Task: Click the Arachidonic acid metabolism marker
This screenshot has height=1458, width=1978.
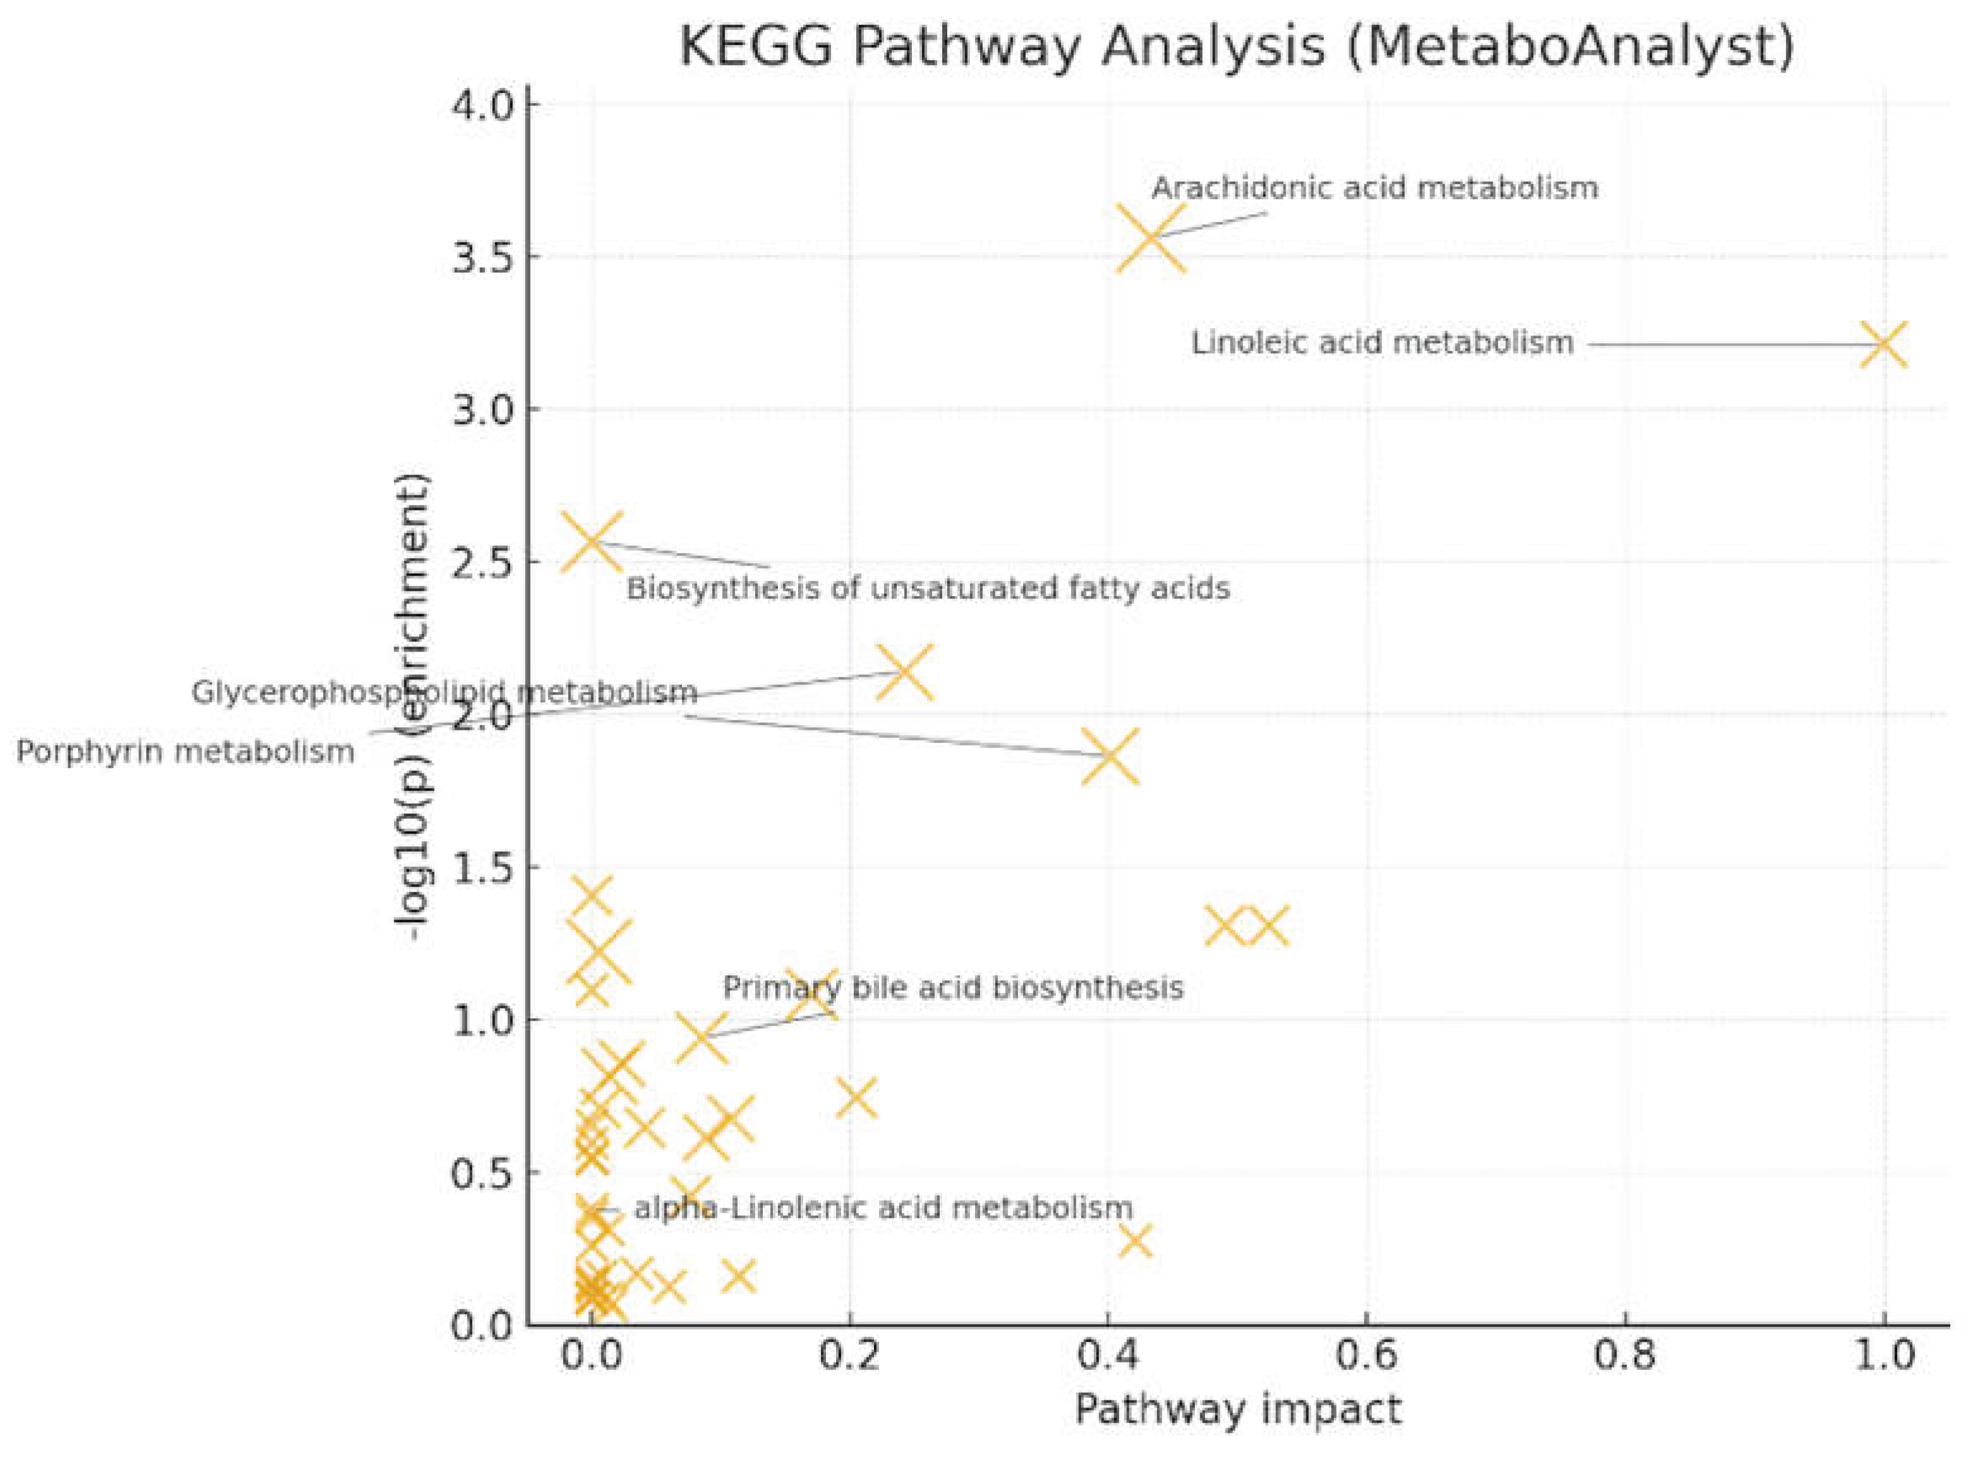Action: [1150, 238]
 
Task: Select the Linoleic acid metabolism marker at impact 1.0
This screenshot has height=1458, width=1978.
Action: [1883, 344]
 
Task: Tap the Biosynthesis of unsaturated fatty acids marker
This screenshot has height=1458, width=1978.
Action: [591, 541]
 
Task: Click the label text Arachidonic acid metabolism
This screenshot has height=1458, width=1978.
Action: [1374, 188]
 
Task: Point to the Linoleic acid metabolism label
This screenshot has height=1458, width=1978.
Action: [1381, 343]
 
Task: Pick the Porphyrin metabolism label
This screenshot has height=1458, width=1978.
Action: [185, 752]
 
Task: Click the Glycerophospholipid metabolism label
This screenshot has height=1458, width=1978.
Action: [444, 692]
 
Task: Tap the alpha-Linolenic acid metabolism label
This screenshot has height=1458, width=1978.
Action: [882, 1207]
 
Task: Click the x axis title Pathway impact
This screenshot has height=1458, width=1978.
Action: [1237, 1409]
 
